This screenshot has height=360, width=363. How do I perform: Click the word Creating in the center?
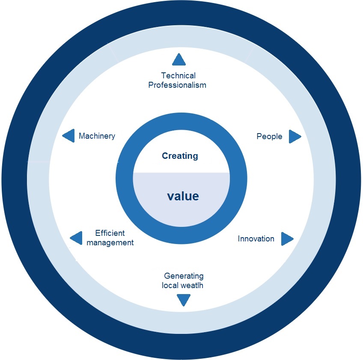(x=180, y=156)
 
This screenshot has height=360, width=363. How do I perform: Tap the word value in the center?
(x=183, y=196)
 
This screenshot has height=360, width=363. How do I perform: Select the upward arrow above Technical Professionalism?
(x=179, y=60)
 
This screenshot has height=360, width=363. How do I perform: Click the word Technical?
(x=178, y=76)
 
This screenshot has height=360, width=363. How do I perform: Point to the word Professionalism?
(x=177, y=85)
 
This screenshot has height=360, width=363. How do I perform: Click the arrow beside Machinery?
(x=69, y=136)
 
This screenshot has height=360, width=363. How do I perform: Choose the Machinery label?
(x=97, y=136)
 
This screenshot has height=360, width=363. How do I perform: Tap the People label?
(x=269, y=137)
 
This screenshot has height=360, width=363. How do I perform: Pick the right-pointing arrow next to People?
(x=295, y=137)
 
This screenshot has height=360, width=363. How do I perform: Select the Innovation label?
(x=256, y=239)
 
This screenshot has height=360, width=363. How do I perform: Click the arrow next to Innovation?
(x=287, y=239)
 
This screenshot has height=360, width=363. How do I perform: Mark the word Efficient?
(x=110, y=233)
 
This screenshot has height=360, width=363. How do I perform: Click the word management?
(x=110, y=243)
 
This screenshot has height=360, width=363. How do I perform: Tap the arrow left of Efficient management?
(x=76, y=238)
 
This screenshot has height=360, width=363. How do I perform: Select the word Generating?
(x=184, y=276)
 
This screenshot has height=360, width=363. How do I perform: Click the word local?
(x=170, y=285)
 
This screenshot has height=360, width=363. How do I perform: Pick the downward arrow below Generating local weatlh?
(x=183, y=300)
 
